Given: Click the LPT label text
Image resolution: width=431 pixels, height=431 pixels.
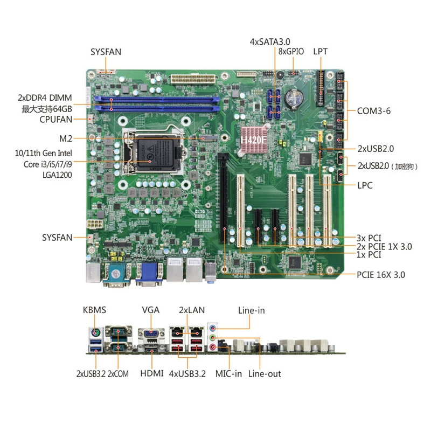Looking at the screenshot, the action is pos(320,52).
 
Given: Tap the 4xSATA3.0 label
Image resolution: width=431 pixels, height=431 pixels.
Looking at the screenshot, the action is pos(270,42).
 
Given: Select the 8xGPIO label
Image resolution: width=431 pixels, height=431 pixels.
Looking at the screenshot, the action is pos(291,51).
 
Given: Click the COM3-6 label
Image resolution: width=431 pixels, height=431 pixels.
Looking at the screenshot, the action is pos(374,111).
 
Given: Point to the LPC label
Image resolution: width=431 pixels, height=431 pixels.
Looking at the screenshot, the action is pos(365,185).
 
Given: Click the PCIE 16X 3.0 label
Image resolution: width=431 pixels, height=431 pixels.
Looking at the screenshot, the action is pos(381,275).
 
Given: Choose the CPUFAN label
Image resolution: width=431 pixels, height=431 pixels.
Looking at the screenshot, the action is pos(56,120).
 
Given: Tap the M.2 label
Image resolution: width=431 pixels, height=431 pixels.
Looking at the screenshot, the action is pos(66,138).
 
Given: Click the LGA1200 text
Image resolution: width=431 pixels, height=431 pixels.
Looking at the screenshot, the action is pos(57,175).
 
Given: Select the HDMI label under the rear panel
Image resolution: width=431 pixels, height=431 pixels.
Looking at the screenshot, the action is pos(152,373).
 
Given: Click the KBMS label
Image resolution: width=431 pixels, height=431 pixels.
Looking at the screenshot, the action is pos(94,310).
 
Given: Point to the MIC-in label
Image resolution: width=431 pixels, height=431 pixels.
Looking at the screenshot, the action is pos(228,374).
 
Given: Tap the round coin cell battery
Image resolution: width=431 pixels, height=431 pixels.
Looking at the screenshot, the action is pos(294,98).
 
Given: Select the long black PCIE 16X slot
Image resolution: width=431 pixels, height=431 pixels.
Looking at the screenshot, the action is pos(224,198).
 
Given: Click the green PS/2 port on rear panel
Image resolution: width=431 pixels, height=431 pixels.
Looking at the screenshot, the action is pos(95,333).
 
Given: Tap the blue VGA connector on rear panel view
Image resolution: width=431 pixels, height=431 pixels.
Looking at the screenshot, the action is pos(151,333).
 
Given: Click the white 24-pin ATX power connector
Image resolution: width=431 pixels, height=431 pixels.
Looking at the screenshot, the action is pos(192,79).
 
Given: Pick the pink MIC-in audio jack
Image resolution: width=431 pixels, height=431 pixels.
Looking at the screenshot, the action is pos(213,347).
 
